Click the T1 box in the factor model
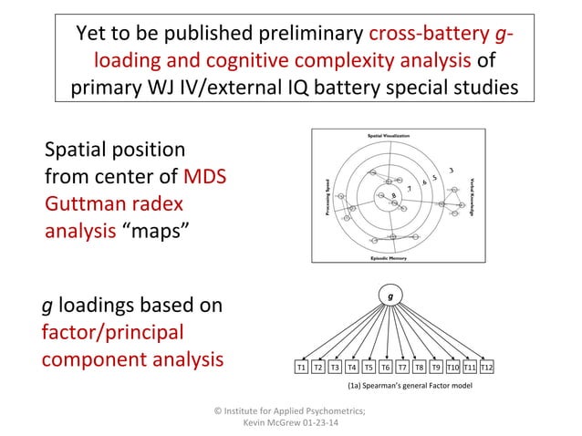pos(300,368)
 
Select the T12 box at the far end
pos(487,368)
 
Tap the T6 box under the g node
pos(386,368)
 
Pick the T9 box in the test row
pos(436,368)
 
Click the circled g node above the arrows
pos(390,296)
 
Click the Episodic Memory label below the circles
pos(393,259)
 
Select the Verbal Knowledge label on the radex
pos(473,196)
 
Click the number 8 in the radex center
pos(393,196)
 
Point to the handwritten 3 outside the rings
pos(451,170)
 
